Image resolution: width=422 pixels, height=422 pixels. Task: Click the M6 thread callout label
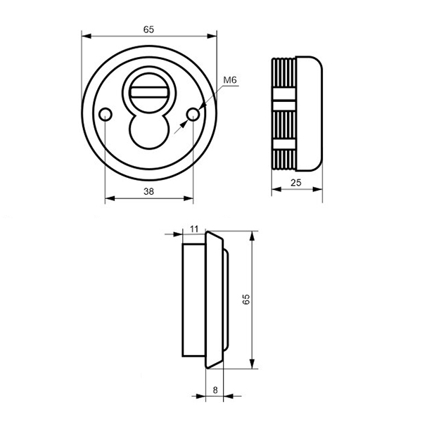pyautogui.click(x=230, y=80)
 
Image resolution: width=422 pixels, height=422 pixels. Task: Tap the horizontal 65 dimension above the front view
pyautogui.click(x=148, y=30)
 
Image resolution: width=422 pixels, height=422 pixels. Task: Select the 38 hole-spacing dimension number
pyautogui.click(x=148, y=191)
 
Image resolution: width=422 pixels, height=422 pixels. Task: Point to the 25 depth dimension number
pyautogui.click(x=296, y=183)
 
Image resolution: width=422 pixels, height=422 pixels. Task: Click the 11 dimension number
pyautogui.click(x=194, y=229)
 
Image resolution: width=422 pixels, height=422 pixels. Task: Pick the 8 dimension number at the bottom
pyautogui.click(x=215, y=390)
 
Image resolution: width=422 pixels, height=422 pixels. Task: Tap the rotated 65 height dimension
pyautogui.click(x=246, y=300)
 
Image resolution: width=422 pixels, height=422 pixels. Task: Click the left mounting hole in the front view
pyautogui.click(x=105, y=115)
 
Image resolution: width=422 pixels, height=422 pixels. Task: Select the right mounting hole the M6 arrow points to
pyautogui.click(x=193, y=115)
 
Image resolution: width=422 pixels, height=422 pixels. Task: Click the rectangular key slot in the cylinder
pyautogui.click(x=149, y=92)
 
